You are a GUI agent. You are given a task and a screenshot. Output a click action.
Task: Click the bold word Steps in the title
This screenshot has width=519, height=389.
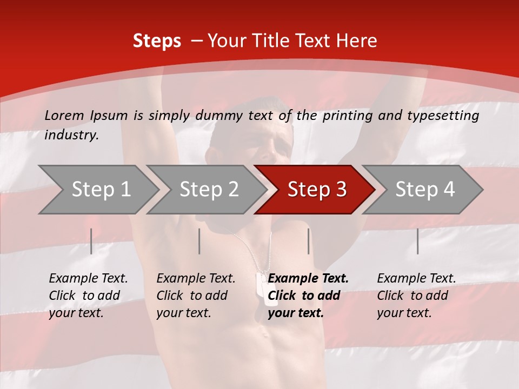pos(157,41)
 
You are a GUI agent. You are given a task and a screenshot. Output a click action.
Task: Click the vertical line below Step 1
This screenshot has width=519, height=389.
pos(91,241)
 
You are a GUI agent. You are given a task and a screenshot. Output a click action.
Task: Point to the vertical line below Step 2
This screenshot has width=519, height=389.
pos(199,241)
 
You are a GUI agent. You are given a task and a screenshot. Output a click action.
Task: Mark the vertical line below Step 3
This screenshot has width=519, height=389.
pos(308,241)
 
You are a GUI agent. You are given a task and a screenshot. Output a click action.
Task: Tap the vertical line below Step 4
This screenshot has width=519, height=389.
pos(417,241)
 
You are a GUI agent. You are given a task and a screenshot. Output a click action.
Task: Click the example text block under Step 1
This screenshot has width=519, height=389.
pos(88,296)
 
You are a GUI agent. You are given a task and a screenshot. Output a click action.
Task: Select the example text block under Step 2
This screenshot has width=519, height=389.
pos(196,296)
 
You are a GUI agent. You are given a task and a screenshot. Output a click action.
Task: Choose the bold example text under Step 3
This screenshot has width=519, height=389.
pos(308,296)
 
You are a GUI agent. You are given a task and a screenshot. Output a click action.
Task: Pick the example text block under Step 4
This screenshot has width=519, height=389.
pos(416,296)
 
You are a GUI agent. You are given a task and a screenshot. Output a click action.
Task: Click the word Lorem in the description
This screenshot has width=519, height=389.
pos(64,115)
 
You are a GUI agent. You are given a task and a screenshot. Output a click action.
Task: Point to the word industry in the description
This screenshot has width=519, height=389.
pos(71,135)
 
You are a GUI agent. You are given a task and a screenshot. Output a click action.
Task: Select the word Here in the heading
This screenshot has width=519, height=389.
pos(356,41)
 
